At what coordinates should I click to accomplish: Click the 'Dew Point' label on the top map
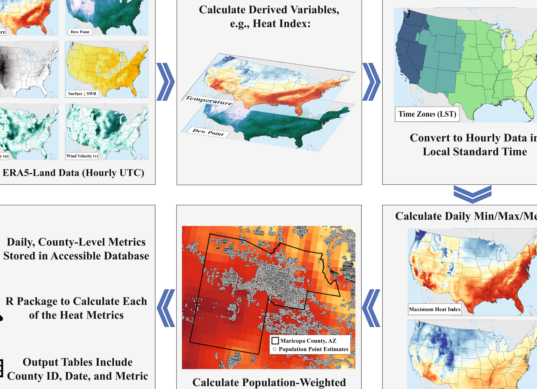pos(80,32)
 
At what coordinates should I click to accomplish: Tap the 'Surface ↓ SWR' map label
pos(82,93)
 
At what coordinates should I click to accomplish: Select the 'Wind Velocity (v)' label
pos(82,156)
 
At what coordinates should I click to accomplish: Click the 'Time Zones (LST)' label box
pos(427,114)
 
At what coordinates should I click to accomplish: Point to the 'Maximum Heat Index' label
pos(435,309)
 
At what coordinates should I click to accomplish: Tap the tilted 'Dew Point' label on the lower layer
pos(208,132)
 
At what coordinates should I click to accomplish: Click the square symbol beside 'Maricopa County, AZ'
pos(275,341)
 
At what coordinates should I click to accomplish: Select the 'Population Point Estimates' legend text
pos(313,349)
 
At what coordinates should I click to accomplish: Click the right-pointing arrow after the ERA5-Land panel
pos(165,82)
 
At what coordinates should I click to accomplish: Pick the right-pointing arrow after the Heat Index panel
pos(371,82)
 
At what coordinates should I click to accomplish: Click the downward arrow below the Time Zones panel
pos(472,194)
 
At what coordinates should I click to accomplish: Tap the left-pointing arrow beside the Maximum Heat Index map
pos(371,308)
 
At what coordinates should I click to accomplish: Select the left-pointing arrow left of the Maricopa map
pos(166,308)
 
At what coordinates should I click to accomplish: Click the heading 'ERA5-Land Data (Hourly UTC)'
pos(73,173)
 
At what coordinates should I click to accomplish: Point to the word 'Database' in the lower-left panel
pos(125,256)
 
